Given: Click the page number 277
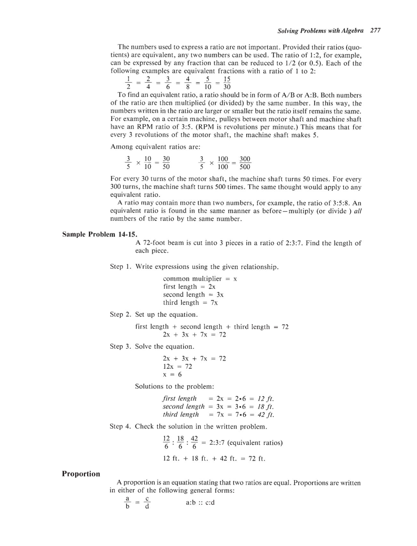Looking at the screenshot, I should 375,31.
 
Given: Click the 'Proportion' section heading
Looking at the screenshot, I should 81,474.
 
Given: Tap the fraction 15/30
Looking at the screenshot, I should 227,83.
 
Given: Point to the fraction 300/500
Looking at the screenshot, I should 245,163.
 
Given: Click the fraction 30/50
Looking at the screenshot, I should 166,163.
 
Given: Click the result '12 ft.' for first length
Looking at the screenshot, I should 266,399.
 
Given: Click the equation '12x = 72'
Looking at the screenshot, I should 177,366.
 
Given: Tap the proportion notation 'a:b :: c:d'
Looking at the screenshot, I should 200,502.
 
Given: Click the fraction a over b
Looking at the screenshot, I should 127,503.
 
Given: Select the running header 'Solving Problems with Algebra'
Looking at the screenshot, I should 320,31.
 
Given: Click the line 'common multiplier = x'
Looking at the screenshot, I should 200,279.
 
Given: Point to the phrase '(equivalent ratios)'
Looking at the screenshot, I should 255,443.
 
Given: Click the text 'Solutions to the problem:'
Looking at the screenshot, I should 174,386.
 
